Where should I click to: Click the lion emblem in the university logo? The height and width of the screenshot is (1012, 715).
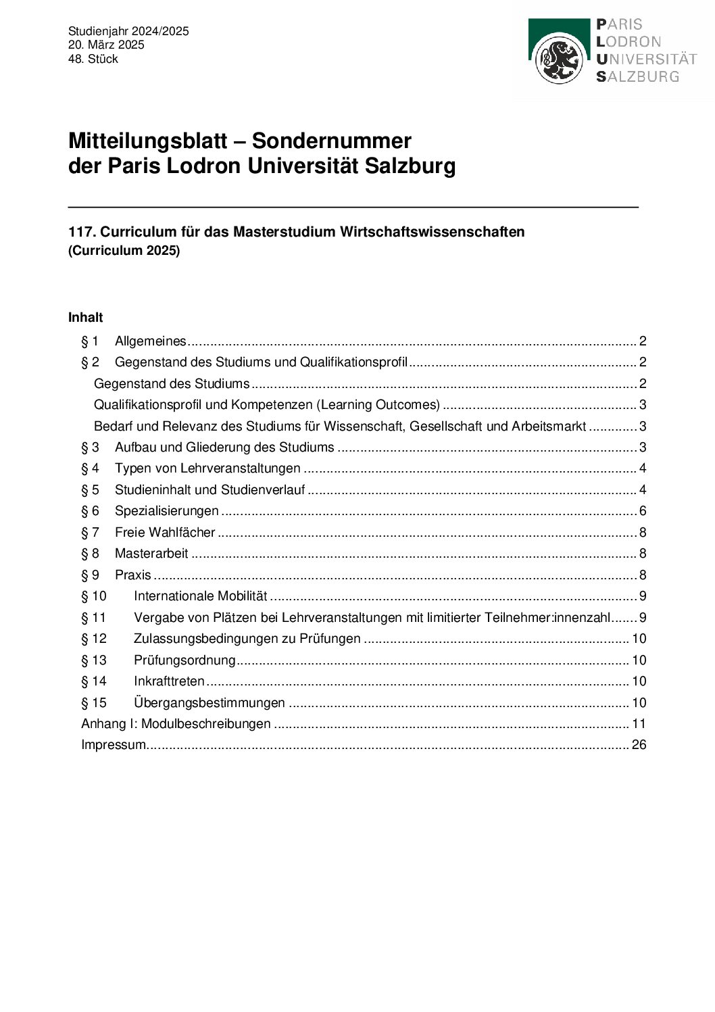pyautogui.click(x=559, y=59)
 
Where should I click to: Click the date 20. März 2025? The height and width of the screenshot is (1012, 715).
pyautogui.click(x=106, y=45)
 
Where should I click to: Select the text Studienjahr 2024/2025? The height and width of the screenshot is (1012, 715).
pyautogui.click(x=128, y=31)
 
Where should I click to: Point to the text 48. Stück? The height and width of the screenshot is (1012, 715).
pyautogui.click(x=93, y=59)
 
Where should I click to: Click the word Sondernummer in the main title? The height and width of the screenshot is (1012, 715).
pyautogui.click(x=331, y=141)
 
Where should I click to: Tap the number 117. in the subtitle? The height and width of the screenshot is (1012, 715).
pyautogui.click(x=82, y=232)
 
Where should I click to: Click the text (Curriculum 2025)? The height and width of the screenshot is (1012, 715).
pyautogui.click(x=124, y=250)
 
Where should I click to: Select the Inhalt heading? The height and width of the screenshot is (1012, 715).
pyautogui.click(x=85, y=317)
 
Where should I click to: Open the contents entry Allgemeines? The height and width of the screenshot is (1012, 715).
pyautogui.click(x=150, y=341)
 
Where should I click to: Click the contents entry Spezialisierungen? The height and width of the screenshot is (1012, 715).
pyautogui.click(x=166, y=510)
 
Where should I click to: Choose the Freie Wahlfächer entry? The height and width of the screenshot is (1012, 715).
pyautogui.click(x=165, y=532)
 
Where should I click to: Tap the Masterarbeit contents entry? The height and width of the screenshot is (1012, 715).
pyautogui.click(x=151, y=553)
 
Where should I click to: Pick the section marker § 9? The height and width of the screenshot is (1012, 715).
pyautogui.click(x=90, y=575)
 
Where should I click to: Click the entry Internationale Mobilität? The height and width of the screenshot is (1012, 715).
pyautogui.click(x=200, y=596)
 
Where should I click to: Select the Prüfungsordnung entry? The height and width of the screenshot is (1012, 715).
pyautogui.click(x=184, y=660)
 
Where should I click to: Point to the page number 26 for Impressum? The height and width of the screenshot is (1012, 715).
pyautogui.click(x=639, y=744)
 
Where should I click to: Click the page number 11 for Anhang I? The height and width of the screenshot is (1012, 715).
pyautogui.click(x=639, y=723)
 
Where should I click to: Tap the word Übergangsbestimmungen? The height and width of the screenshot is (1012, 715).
pyautogui.click(x=209, y=702)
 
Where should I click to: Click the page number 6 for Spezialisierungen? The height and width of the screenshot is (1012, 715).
pyautogui.click(x=643, y=510)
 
